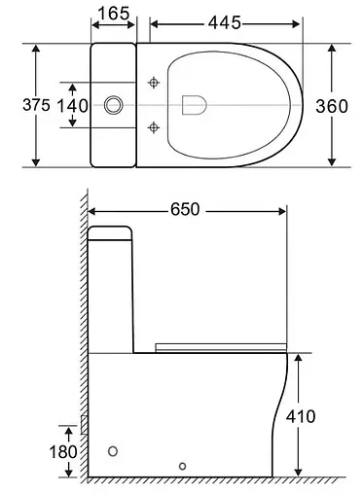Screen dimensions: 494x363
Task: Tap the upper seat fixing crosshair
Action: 152,84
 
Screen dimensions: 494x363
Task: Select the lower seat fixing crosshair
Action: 152,125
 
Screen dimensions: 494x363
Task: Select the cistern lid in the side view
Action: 111,233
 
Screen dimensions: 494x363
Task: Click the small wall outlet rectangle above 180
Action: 85,424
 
